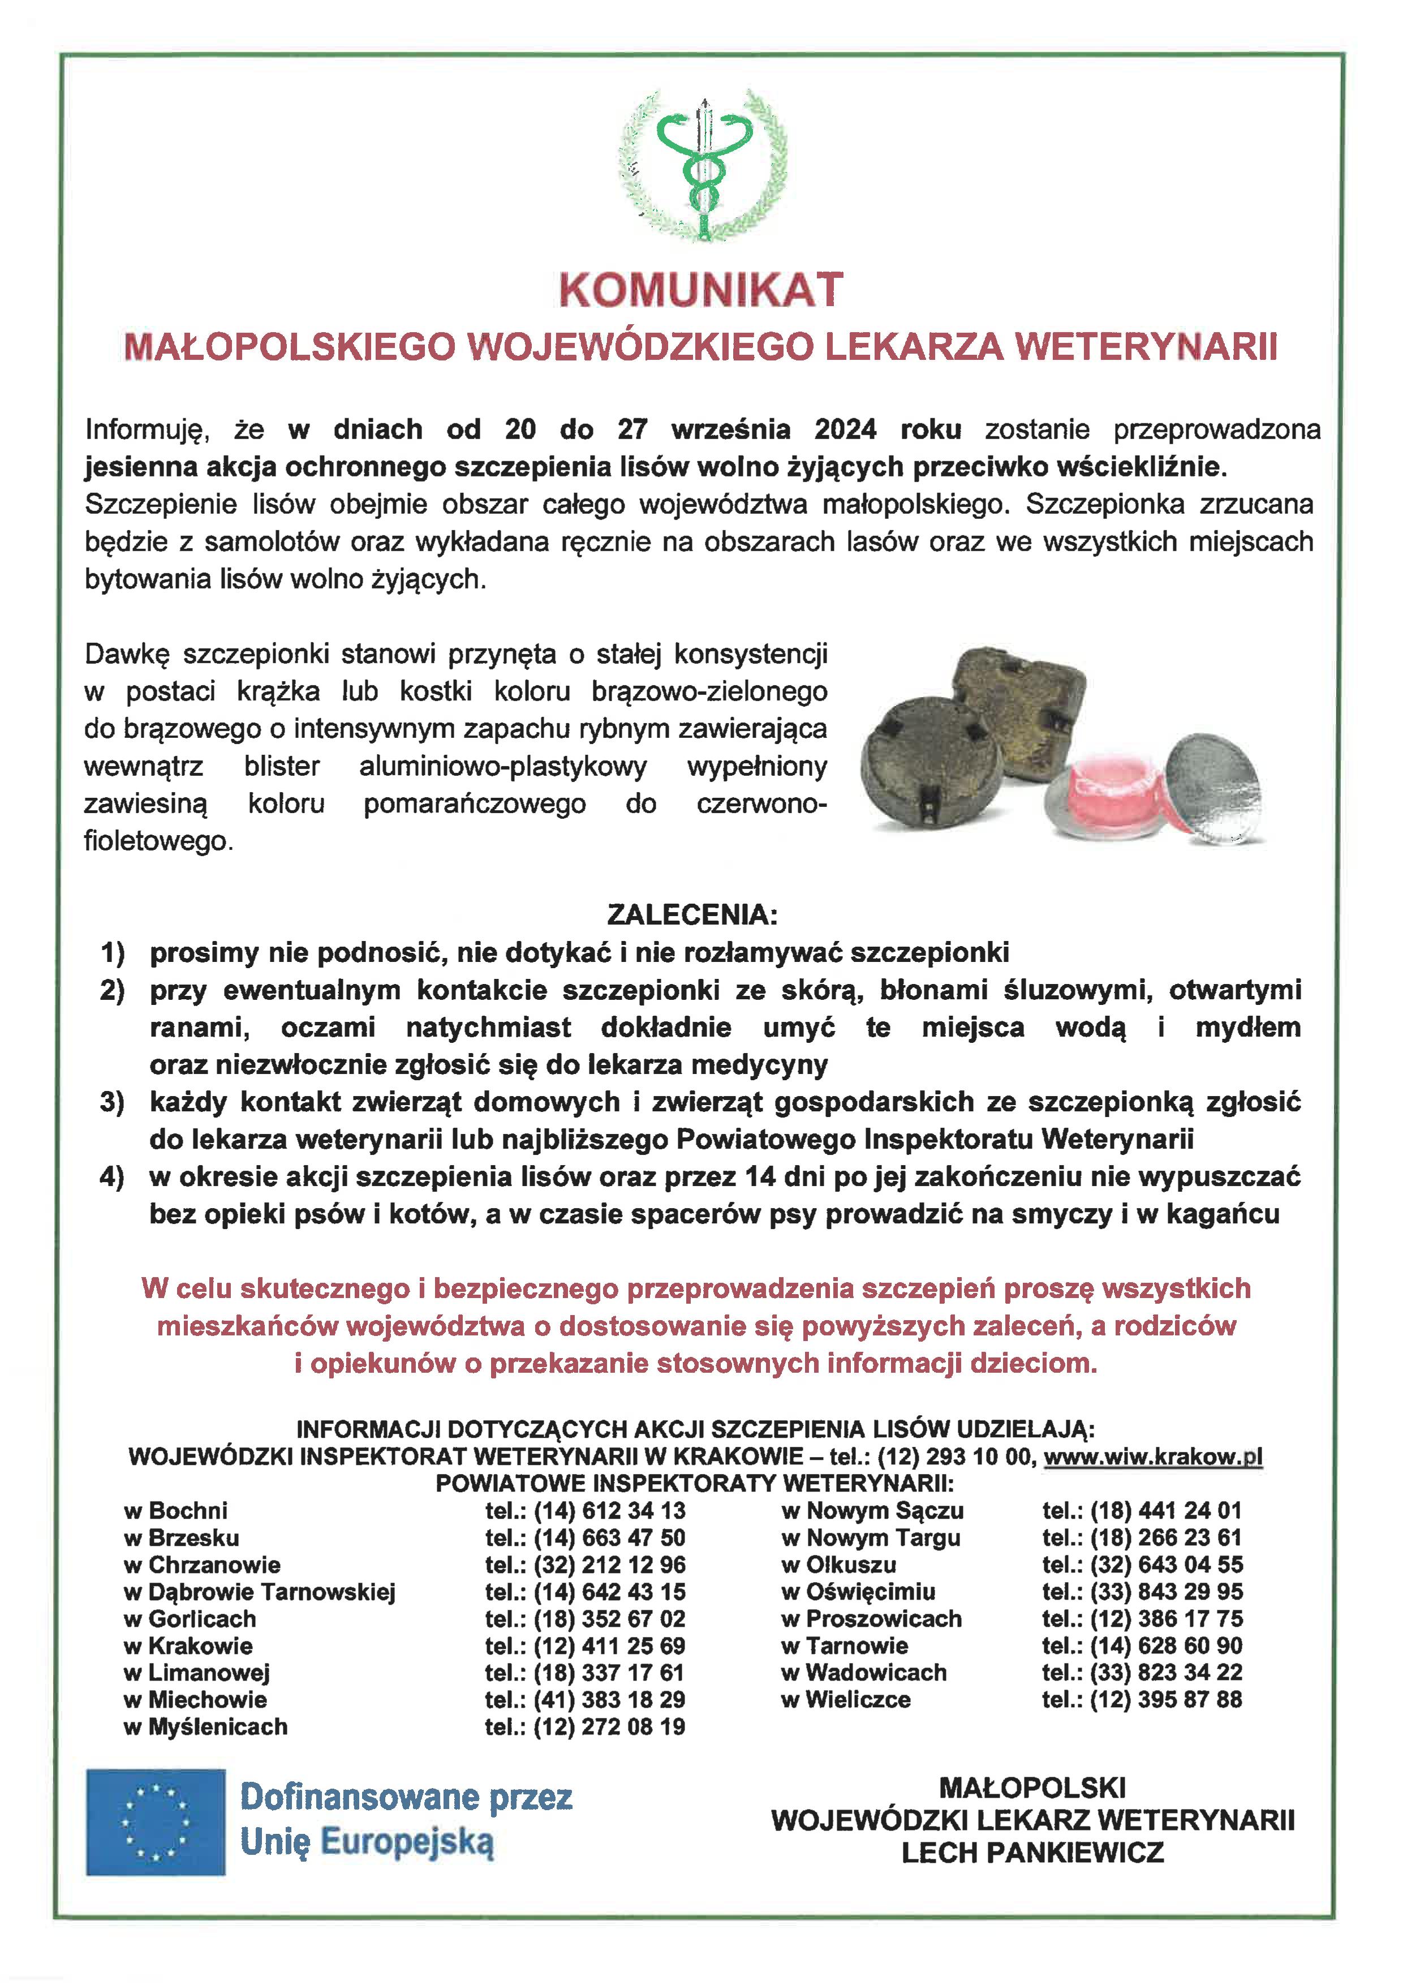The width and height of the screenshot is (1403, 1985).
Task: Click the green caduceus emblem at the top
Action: point(703,164)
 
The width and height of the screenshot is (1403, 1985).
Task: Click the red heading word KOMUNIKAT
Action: point(700,290)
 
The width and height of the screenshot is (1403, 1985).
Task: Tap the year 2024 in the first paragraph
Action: point(845,429)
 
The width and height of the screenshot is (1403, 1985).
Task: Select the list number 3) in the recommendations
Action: point(113,1102)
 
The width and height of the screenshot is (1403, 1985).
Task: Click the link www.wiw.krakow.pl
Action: point(1152,1456)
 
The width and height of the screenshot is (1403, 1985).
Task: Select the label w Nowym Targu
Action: point(871,1537)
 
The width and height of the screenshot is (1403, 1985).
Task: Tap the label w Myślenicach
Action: point(206,1726)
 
